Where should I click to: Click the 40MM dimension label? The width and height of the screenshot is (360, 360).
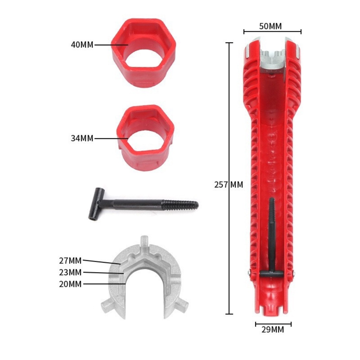click(x=82, y=45)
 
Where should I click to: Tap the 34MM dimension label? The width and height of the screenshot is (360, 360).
click(x=82, y=138)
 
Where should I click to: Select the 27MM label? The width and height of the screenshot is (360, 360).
click(x=70, y=261)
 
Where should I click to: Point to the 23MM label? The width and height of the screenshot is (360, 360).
click(x=70, y=272)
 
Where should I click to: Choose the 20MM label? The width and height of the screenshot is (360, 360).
click(x=70, y=284)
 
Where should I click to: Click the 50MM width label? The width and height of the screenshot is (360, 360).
click(x=270, y=26)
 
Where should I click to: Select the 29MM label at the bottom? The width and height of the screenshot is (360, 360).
click(x=273, y=330)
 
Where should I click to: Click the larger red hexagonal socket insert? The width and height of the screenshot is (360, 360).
click(x=144, y=53)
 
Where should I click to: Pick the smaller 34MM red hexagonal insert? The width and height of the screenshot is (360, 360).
click(x=146, y=138)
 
